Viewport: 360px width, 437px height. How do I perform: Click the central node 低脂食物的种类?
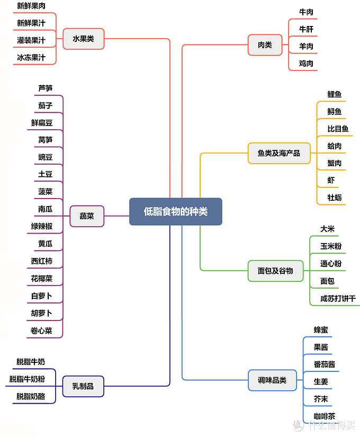(176, 211)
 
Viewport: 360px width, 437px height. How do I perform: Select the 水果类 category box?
(83, 39)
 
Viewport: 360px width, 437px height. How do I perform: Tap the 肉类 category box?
(265, 45)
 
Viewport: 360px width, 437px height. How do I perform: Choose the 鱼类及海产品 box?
(279, 153)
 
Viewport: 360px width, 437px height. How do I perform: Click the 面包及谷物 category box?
(275, 271)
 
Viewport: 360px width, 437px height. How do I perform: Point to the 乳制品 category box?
(83, 386)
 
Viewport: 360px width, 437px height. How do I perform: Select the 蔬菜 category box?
(87, 216)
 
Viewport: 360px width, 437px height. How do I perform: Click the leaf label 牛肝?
(306, 29)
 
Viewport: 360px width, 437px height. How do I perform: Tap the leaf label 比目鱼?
(338, 129)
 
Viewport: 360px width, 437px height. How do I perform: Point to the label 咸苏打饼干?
(338, 298)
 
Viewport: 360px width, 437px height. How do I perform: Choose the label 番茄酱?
(324, 364)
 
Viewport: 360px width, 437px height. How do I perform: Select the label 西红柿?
(41, 261)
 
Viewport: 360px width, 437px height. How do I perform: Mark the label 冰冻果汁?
(31, 57)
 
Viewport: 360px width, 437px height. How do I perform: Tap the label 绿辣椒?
(41, 226)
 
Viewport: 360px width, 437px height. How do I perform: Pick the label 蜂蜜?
(321, 330)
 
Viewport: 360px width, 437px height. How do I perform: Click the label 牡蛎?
(335, 198)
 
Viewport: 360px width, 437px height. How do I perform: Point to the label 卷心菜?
(41, 331)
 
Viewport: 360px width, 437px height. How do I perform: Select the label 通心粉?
(331, 263)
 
